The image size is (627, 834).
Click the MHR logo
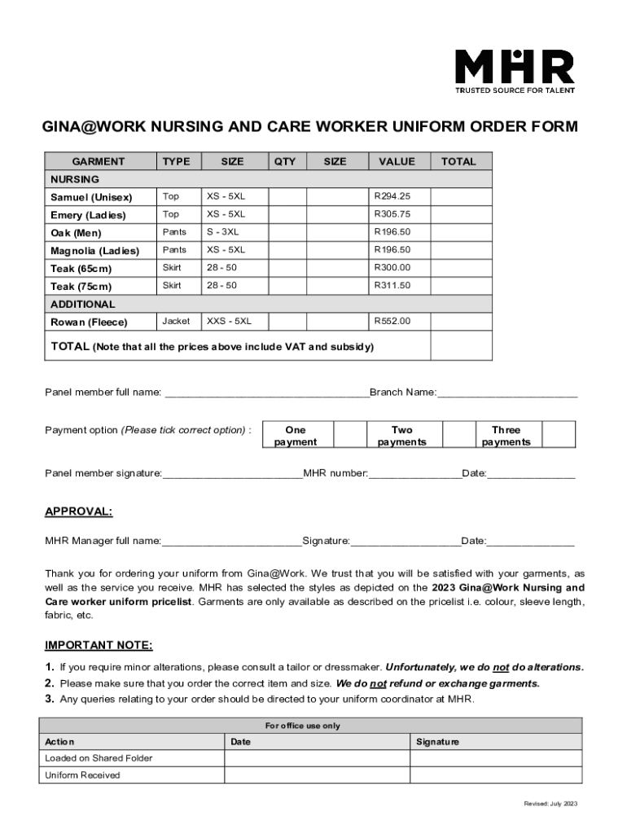[x=514, y=71]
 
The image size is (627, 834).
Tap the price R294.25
[x=392, y=196]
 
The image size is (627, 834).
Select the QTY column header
[x=285, y=161]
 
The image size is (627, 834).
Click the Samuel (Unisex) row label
[x=91, y=197]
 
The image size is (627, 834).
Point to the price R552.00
[x=392, y=321]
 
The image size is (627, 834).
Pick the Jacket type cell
[x=176, y=321]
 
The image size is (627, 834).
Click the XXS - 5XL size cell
[x=230, y=321]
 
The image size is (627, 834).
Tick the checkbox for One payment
[x=351, y=435]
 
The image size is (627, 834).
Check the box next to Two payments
[x=458, y=435]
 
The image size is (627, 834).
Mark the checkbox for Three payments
[x=559, y=435]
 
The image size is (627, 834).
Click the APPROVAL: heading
[x=79, y=511]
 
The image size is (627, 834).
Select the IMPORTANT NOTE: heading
[x=99, y=645]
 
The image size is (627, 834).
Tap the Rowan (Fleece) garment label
[x=89, y=322]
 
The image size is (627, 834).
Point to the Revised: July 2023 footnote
[x=551, y=804]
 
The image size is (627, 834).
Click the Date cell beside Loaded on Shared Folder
[x=317, y=758]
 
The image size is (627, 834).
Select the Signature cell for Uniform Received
[x=496, y=775]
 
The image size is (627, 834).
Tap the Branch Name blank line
[x=507, y=393]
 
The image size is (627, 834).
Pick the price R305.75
[x=392, y=214]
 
